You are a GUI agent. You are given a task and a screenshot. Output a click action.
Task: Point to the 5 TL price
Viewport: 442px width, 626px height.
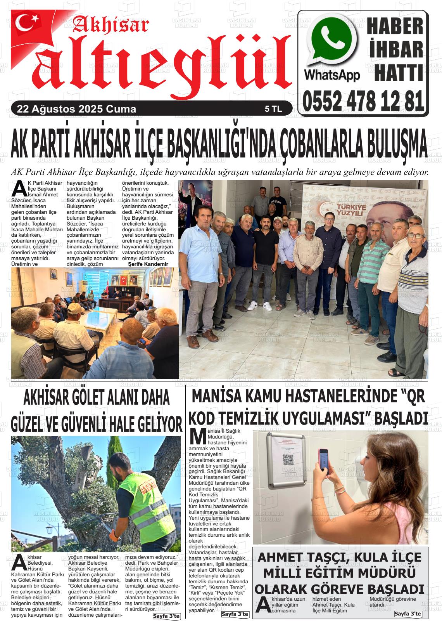click(x=273, y=109)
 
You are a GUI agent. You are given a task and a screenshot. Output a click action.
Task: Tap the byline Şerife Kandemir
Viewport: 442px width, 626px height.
click(x=148, y=264)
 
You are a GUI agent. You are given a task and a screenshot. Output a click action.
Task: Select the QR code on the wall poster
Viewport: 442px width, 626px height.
click(x=288, y=460)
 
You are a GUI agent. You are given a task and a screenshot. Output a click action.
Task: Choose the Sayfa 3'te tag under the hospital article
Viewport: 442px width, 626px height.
click(x=235, y=614)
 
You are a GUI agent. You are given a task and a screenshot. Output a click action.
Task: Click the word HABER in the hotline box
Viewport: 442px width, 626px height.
click(x=395, y=27)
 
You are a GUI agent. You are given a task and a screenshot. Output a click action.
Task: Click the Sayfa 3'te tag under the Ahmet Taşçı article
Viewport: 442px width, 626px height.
click(x=407, y=614)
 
